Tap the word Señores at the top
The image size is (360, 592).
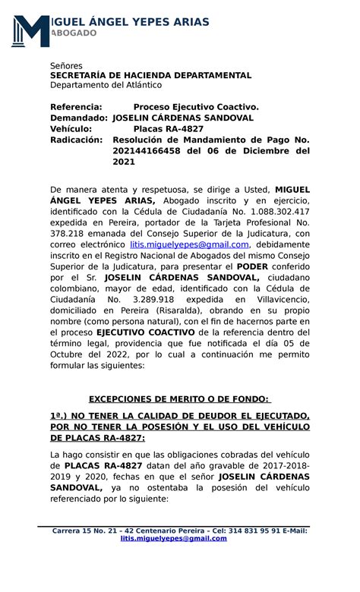pyautogui.click(x=66, y=66)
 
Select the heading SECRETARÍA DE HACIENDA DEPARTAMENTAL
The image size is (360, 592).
pyautogui.click(x=150, y=76)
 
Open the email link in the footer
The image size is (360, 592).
pyautogui.click(x=174, y=538)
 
